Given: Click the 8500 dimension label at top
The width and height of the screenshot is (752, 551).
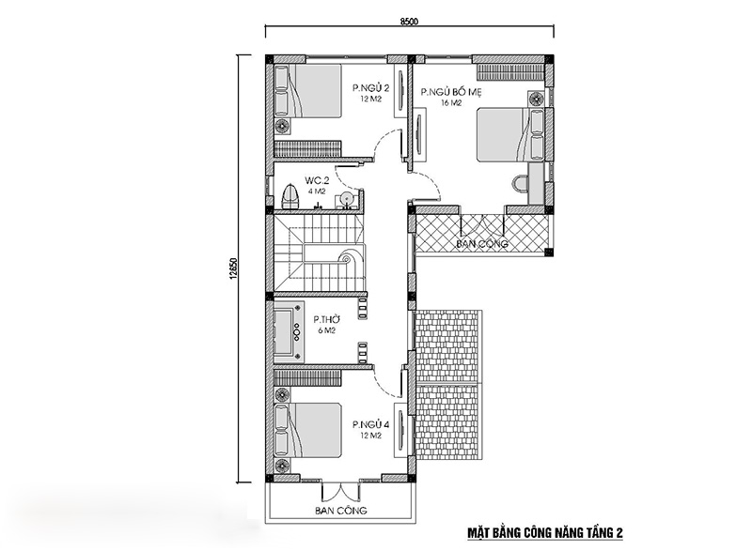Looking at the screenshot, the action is click(x=409, y=21).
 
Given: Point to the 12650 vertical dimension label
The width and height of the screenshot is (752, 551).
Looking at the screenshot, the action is click(x=233, y=268).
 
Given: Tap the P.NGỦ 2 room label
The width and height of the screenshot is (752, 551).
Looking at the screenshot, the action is click(x=370, y=88).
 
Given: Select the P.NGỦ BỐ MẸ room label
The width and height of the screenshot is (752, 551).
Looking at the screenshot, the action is click(x=450, y=92).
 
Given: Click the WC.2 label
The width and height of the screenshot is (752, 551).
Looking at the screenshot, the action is click(x=317, y=180).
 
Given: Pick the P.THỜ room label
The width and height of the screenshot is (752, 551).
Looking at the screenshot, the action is click(x=326, y=319).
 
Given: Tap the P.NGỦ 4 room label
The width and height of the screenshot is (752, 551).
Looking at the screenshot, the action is click(x=370, y=424).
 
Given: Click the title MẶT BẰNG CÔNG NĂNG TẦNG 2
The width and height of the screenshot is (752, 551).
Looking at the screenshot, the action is click(x=545, y=533).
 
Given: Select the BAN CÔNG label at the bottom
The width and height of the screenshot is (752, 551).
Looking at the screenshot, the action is click(x=341, y=511).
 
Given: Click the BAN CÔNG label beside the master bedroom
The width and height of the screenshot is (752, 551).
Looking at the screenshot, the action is click(x=482, y=244).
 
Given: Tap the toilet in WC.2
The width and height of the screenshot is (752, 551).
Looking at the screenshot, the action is click(x=290, y=196).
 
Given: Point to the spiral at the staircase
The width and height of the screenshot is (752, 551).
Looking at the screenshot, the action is click(x=345, y=259).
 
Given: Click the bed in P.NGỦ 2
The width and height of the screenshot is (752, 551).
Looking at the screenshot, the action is click(x=308, y=91).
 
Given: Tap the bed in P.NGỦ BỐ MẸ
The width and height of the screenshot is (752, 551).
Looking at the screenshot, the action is click(x=510, y=134).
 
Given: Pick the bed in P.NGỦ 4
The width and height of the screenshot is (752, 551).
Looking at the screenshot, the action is click(x=308, y=429).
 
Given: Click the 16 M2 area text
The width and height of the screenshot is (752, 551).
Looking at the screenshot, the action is click(x=451, y=103).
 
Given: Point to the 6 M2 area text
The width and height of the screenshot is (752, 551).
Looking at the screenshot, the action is click(x=326, y=330).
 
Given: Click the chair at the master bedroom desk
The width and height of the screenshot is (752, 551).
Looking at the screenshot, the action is click(x=519, y=183).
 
